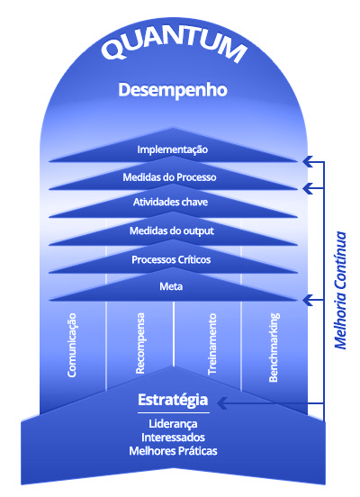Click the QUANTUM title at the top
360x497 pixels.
tap(174, 45)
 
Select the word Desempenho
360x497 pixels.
tap(173, 90)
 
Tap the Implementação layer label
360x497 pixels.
tap(173, 149)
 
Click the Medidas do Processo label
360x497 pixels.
tap(169, 176)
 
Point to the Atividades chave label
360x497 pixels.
tap(170, 202)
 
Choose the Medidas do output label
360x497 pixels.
tap(172, 230)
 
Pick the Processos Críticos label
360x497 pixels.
tap(171, 259)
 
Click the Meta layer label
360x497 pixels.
tap(171, 286)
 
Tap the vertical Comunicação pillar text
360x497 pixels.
tap(72, 345)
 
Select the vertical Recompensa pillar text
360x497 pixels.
tap(139, 343)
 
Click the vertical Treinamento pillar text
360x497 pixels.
tap(212, 344)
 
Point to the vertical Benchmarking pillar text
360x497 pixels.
tap(274, 348)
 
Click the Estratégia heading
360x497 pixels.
tap(173, 400)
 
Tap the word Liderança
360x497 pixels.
tap(173, 424)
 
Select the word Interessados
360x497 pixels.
tap(173, 438)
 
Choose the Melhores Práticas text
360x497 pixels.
tap(173, 451)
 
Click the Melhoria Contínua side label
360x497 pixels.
tap(341, 290)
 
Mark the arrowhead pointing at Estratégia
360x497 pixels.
tap(222, 403)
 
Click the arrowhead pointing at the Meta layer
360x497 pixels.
tap(308, 300)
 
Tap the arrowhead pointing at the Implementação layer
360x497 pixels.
tap(308, 162)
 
